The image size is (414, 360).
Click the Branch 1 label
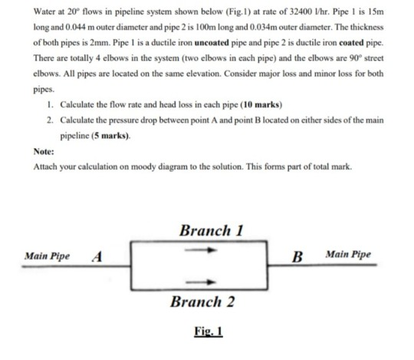pos(212,230)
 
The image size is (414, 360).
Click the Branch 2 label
pos(202,302)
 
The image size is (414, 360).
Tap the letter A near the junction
pos(97,256)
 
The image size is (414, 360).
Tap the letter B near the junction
pos(297,256)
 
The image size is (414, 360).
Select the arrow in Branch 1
pos(201,249)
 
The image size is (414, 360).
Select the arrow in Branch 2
pos(201,282)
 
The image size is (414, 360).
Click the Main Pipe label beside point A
pos(47,256)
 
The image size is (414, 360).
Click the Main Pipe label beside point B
pos(348,254)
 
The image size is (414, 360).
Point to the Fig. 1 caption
pos(209,331)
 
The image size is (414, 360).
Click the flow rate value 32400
pos(301,12)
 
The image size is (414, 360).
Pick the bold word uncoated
pos(212,43)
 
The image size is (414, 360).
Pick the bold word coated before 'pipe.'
pos(351,43)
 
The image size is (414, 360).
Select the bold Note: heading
pos(44,151)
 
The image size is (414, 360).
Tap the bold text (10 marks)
pos(261,105)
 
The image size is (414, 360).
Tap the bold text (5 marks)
pos(110,136)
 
